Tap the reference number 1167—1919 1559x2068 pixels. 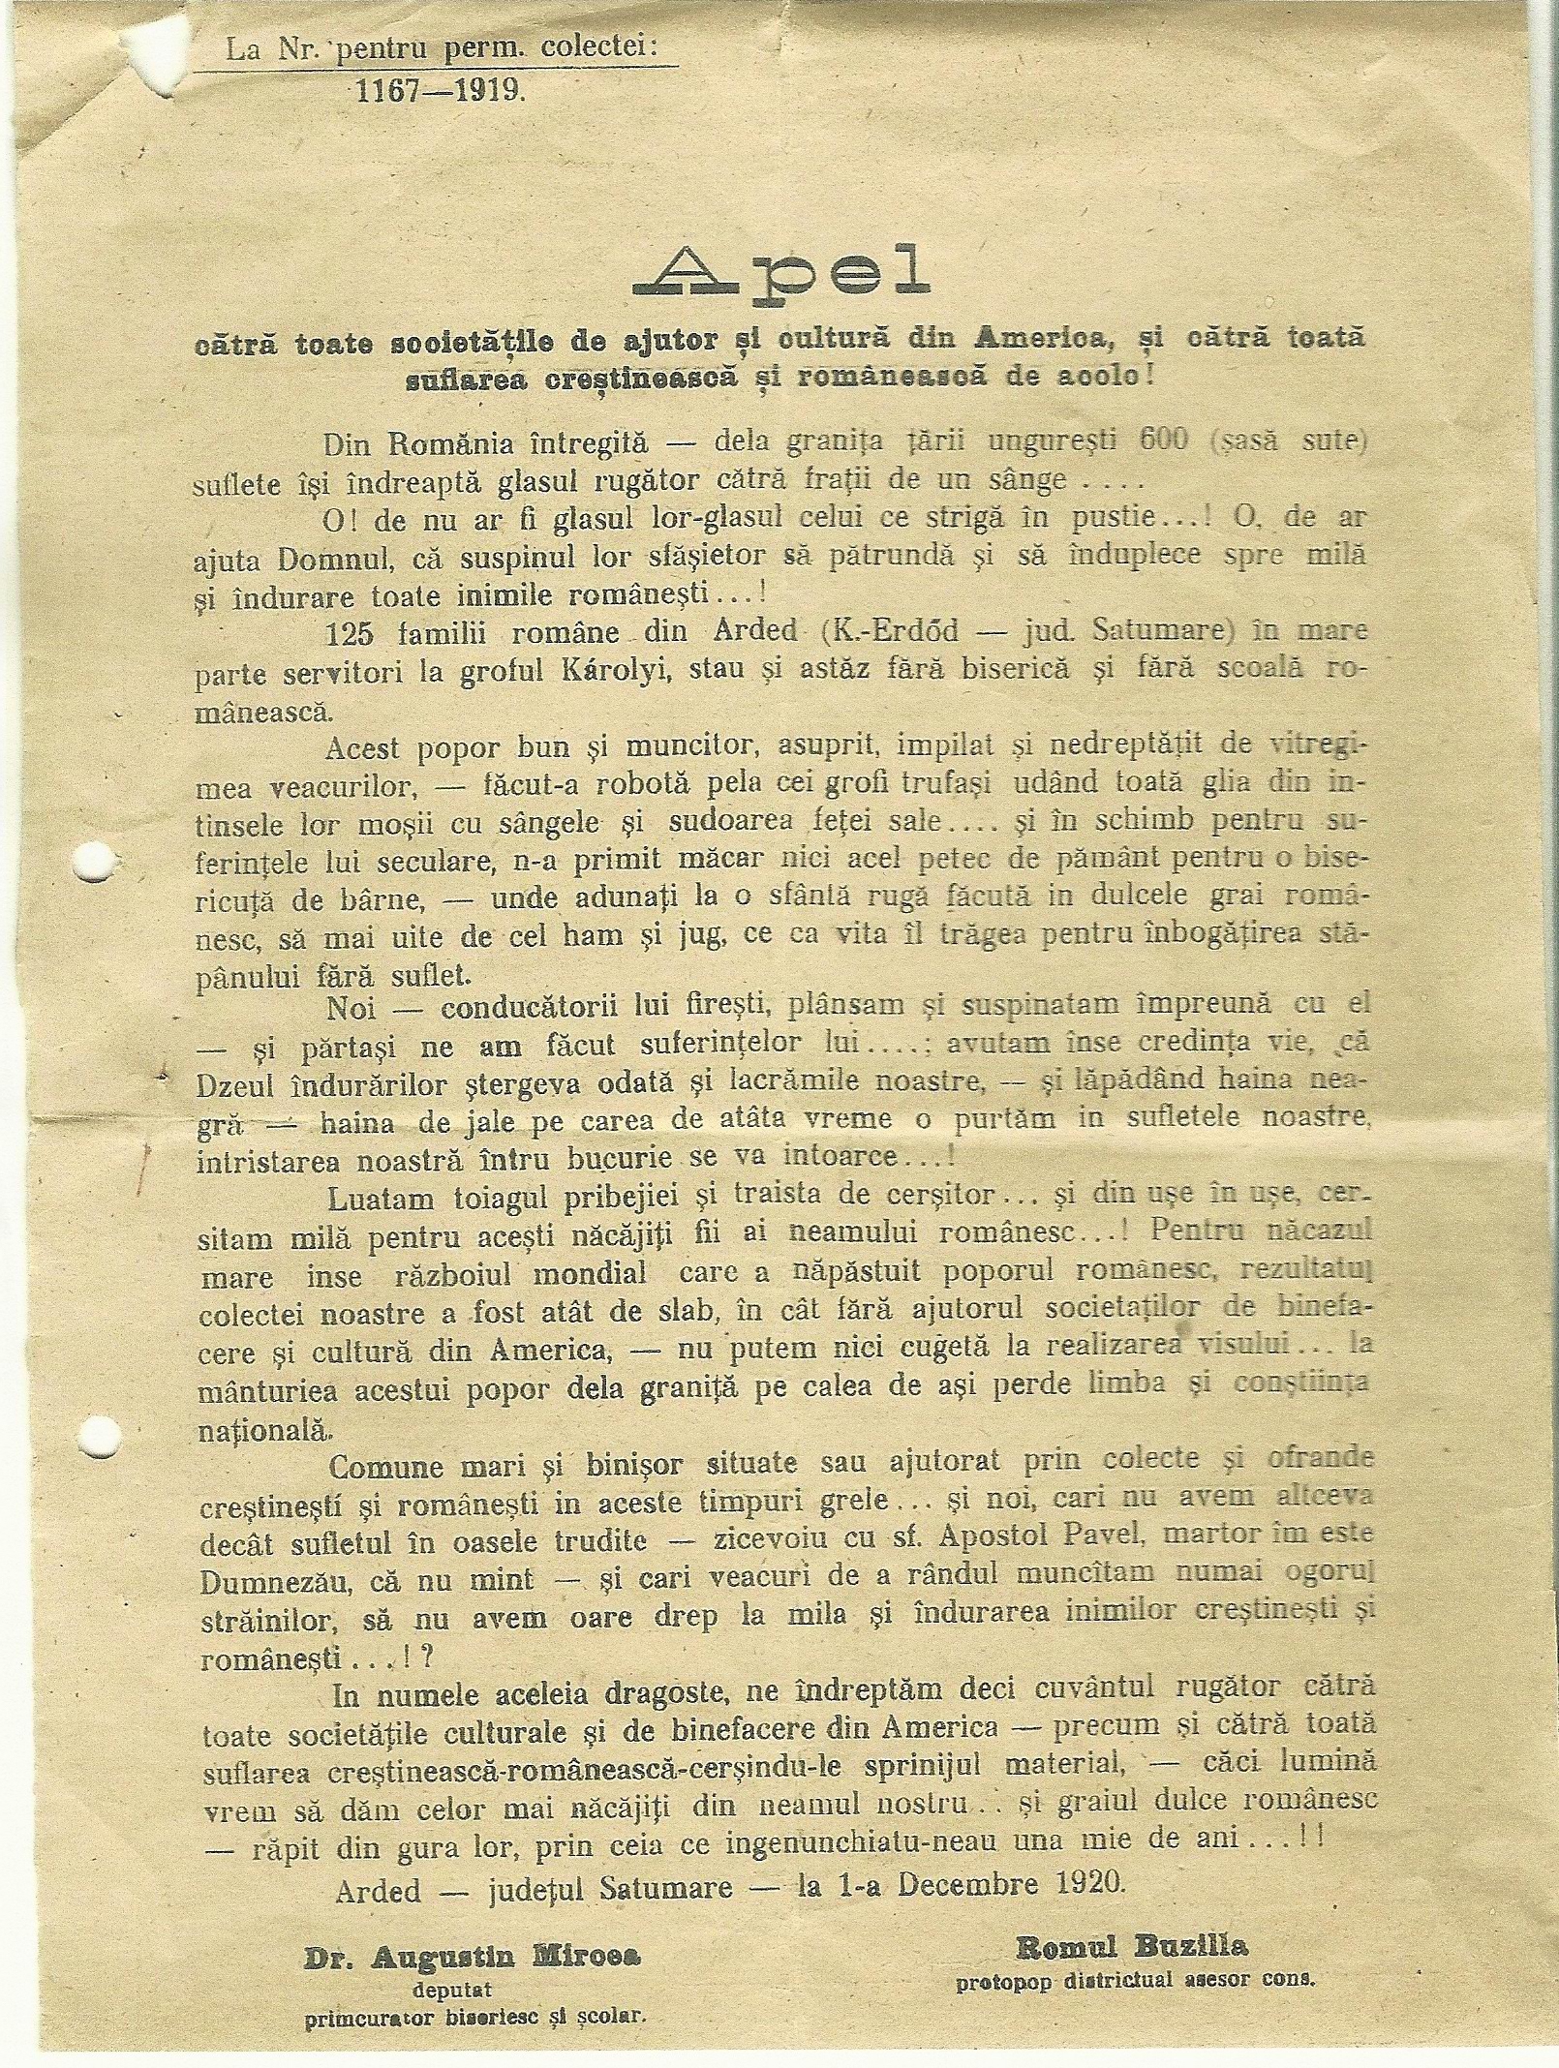point(442,93)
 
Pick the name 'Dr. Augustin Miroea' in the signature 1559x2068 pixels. point(474,1928)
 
